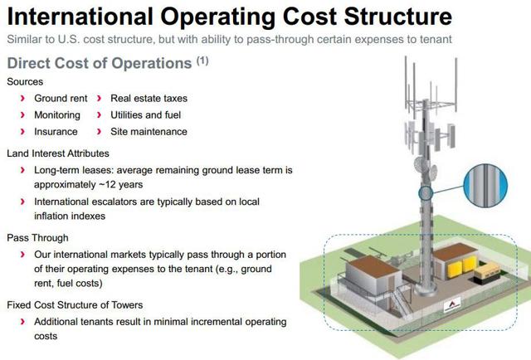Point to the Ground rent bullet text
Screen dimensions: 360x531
tap(61, 99)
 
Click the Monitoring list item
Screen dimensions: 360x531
tap(57, 115)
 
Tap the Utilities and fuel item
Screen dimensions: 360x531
tap(145, 115)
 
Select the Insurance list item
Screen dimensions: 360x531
tap(56, 131)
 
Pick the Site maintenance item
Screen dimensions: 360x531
tap(149, 131)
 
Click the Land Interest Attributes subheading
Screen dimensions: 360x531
tap(58, 153)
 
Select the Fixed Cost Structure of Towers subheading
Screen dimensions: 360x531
tap(75, 304)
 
